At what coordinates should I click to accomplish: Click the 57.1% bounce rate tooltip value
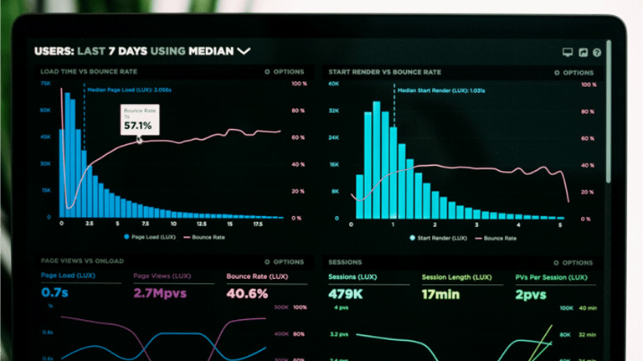[137, 126]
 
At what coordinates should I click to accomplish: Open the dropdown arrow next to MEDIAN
[244, 51]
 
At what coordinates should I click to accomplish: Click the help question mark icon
[597, 52]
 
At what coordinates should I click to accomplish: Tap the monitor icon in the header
[568, 52]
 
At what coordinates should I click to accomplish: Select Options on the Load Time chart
[288, 72]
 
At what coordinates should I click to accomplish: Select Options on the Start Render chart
[577, 73]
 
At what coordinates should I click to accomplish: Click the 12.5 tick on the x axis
[201, 224]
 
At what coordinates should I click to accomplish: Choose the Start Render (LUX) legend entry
[440, 238]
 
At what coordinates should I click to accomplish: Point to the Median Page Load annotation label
[129, 90]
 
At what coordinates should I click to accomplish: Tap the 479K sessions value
[345, 294]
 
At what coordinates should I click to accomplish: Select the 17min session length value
[440, 294]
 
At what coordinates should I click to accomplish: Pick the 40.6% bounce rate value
[247, 293]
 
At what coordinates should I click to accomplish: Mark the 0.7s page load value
[54, 293]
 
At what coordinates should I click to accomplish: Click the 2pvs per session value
[531, 294]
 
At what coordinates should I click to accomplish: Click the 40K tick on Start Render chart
[333, 85]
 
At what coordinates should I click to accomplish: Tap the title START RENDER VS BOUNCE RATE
[385, 73]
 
